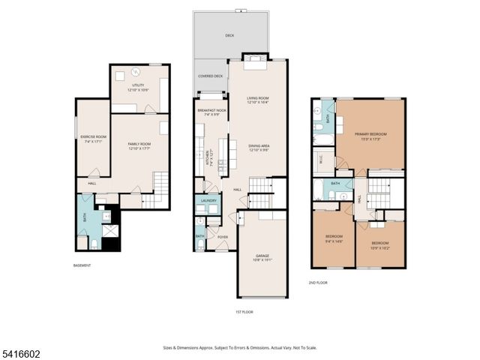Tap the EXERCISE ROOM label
click(94, 138)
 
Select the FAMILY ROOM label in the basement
click(139, 145)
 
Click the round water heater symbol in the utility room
click(136, 72)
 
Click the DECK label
click(229, 35)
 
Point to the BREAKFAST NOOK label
click(211, 112)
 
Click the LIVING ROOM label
click(258, 100)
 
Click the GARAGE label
click(262, 257)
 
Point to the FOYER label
click(223, 237)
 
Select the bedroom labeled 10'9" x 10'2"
click(380, 244)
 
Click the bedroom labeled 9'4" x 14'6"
click(334, 238)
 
